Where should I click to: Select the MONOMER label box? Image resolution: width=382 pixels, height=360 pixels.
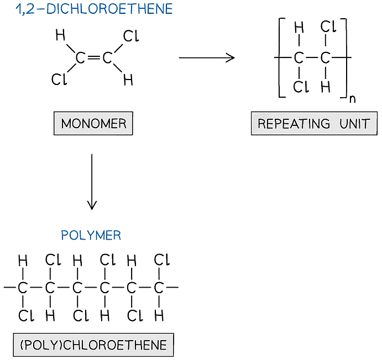[93, 123]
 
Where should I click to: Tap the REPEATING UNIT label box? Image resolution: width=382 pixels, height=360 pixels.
[313, 123]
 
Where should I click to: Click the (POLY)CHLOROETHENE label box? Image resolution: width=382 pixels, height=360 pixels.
[93, 345]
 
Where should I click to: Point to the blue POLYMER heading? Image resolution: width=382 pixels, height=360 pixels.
[91, 236]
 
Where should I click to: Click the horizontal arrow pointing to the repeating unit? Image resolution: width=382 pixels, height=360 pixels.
[207, 57]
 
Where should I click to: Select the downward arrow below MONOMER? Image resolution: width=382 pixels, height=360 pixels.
[92, 182]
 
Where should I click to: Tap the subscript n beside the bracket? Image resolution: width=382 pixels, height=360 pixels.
[352, 100]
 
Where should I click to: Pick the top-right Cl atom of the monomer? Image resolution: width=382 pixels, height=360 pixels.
[131, 36]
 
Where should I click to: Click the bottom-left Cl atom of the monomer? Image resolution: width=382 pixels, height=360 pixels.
[59, 80]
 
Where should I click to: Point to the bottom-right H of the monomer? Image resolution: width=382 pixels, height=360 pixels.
[128, 81]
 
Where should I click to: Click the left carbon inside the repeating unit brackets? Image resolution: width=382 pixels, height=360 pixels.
[299, 57]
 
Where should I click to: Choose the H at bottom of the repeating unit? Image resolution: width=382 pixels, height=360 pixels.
[326, 87]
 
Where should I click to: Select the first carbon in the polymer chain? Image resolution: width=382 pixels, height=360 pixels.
[23, 287]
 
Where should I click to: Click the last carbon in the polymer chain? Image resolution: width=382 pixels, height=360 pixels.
[159, 287]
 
